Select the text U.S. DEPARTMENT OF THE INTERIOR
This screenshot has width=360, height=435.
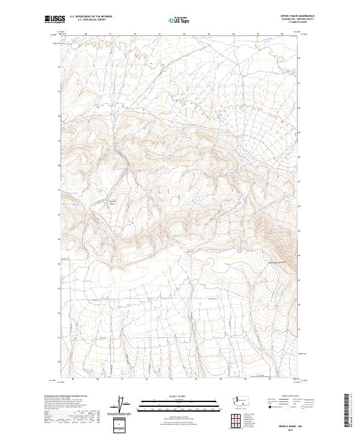pos(91,17)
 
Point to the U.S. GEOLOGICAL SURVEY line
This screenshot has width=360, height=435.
pos(90,20)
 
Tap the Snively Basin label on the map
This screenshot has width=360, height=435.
pos(111,202)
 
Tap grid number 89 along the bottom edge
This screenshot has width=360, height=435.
pos(73,379)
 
